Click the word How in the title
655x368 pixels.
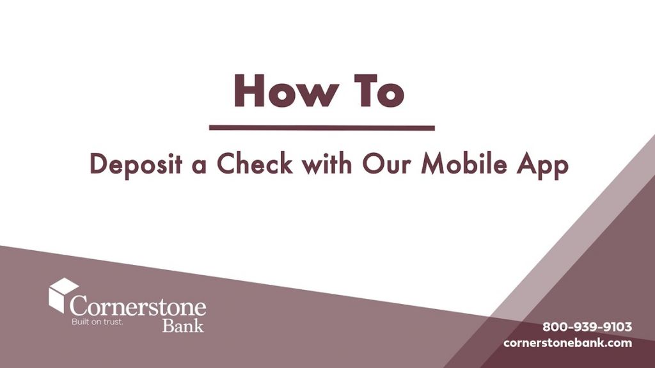(285, 92)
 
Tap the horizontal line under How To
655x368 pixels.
(322, 128)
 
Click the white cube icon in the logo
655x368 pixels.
(63, 294)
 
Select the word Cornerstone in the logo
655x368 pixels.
(138, 305)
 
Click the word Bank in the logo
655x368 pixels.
(183, 325)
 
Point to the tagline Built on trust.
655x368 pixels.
(97, 322)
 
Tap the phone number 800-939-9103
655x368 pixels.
(587, 327)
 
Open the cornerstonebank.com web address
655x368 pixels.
(567, 343)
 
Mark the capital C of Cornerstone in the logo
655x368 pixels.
(80, 305)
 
